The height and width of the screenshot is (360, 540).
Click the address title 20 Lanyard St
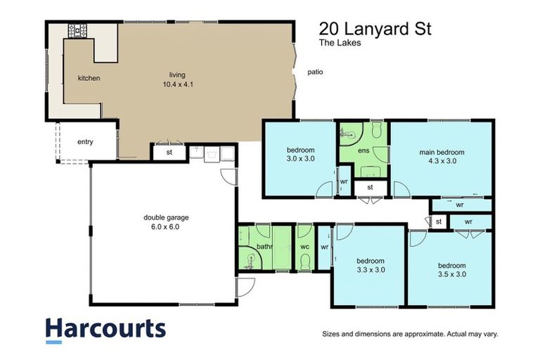point(375,29)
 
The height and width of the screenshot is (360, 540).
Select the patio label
point(315,72)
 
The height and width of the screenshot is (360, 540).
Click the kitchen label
point(89,78)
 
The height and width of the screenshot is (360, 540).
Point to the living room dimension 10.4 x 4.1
point(176,84)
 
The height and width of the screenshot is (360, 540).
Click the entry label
point(85,142)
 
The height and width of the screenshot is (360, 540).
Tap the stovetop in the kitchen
point(77,31)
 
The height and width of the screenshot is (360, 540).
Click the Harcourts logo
point(105,330)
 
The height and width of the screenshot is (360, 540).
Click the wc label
point(305,247)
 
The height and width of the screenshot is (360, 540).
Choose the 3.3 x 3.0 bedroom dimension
point(371,269)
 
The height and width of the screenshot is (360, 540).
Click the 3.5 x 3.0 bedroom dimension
point(451,274)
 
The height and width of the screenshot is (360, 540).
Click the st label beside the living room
point(169,152)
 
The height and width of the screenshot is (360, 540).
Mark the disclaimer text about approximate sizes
point(409,334)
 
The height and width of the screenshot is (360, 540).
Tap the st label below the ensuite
point(370,187)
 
